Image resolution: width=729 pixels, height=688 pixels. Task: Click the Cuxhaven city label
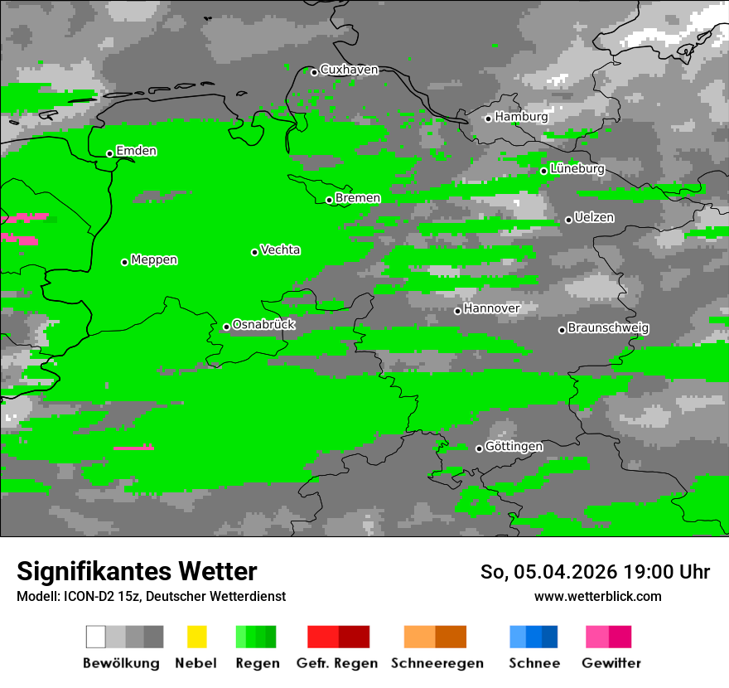click(x=349, y=70)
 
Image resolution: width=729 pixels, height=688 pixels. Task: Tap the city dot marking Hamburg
click(x=489, y=119)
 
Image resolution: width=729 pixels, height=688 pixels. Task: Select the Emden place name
click(x=136, y=151)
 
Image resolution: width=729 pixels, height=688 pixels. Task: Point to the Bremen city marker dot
click(x=329, y=200)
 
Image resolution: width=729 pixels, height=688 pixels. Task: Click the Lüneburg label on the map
click(x=577, y=168)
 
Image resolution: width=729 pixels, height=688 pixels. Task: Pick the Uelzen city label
click(x=593, y=217)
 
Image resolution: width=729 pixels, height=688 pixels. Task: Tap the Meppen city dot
click(x=124, y=262)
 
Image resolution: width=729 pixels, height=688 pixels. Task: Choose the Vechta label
click(x=280, y=250)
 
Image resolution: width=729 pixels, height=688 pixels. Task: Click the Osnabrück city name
click(x=263, y=324)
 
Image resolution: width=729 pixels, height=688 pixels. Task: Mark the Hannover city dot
click(x=457, y=311)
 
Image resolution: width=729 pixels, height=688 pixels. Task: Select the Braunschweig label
click(x=608, y=327)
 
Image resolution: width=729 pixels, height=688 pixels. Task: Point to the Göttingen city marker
click(x=479, y=448)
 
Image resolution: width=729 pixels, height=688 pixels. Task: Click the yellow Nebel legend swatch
click(x=196, y=637)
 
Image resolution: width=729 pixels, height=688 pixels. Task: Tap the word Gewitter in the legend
click(x=611, y=663)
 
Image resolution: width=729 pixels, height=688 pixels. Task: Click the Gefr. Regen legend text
click(x=337, y=663)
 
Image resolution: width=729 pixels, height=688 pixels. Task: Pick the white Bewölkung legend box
click(x=96, y=637)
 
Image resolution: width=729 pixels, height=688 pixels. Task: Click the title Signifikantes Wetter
click(x=137, y=571)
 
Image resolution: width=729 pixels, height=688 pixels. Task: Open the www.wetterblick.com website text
click(x=597, y=596)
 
